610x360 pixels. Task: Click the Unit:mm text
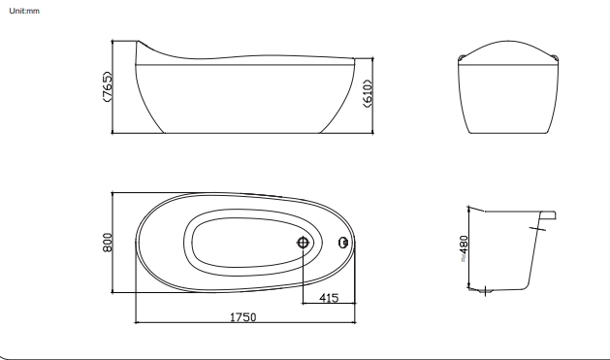[x=24, y=11]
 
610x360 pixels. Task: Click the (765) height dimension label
[x=107, y=86]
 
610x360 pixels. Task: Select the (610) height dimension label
[x=368, y=93]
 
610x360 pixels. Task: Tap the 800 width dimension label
[x=108, y=242]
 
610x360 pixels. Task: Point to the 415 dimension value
[x=329, y=298]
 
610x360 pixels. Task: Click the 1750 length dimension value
[x=243, y=317]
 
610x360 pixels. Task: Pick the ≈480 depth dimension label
[x=464, y=248]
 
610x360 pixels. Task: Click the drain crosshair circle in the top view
[x=303, y=243]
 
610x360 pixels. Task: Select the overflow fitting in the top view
[x=343, y=243]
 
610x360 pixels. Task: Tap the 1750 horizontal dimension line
[x=245, y=322]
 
